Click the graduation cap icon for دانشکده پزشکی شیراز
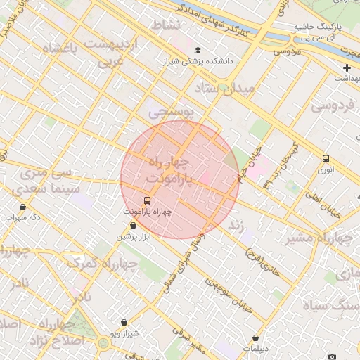(x=198, y=51)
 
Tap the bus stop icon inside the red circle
(x=146, y=200)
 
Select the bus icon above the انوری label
(x=325, y=158)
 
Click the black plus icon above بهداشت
(x=347, y=68)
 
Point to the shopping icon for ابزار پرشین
(x=133, y=226)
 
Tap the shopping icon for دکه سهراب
(x=23, y=207)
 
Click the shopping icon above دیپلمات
(x=255, y=337)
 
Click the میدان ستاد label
(x=229, y=88)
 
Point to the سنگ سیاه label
(x=331, y=306)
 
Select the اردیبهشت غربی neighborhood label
(x=113, y=53)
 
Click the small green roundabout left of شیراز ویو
(x=103, y=343)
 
